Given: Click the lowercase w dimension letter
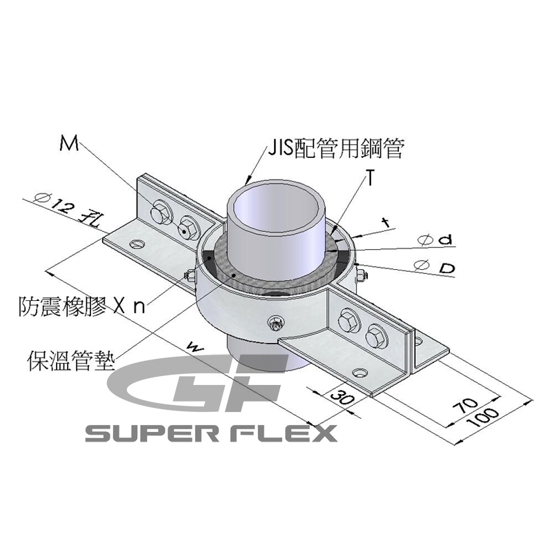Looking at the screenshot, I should [196, 348].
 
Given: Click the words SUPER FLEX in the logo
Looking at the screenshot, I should [210, 433].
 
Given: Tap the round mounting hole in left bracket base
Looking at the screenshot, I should [137, 243].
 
